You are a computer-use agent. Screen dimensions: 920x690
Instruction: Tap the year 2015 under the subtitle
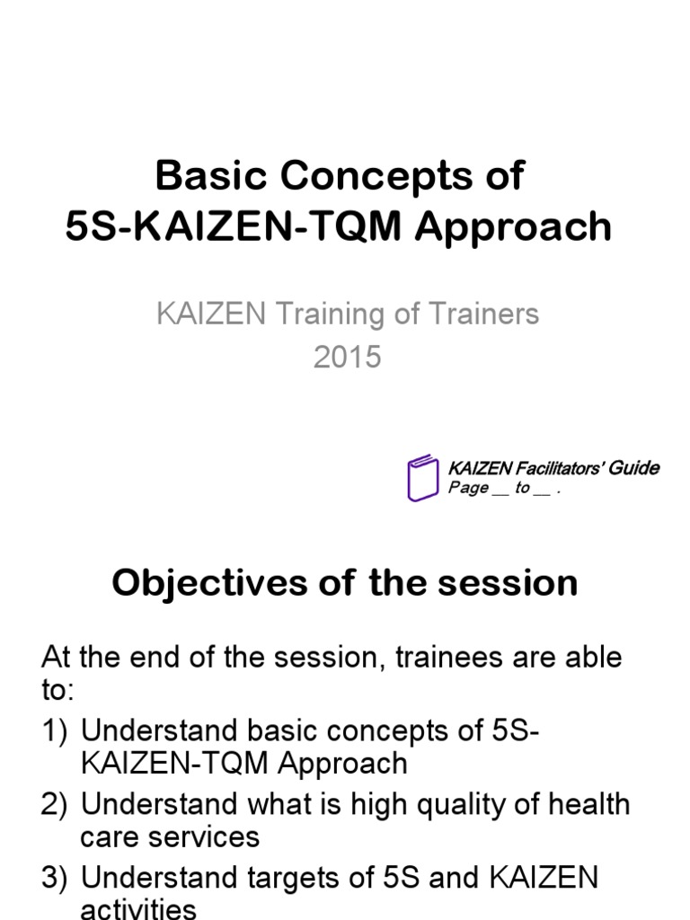click(348, 357)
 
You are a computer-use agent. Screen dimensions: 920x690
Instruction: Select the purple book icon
click(422, 477)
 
